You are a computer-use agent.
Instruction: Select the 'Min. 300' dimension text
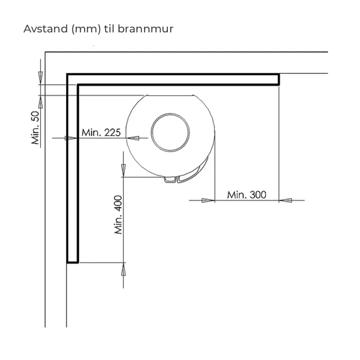(247, 195)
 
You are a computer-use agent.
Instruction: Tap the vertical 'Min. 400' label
(119, 215)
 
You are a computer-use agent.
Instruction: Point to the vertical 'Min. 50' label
(36, 128)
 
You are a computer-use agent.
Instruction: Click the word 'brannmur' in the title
(151, 29)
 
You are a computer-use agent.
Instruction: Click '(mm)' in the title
(85, 29)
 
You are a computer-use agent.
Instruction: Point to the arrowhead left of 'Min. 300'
(208, 200)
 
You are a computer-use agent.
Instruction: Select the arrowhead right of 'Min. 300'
(285, 200)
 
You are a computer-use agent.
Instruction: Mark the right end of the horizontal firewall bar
(279, 79)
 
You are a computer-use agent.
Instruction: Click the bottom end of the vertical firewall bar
(72, 261)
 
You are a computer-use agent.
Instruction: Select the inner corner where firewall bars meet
(78, 85)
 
